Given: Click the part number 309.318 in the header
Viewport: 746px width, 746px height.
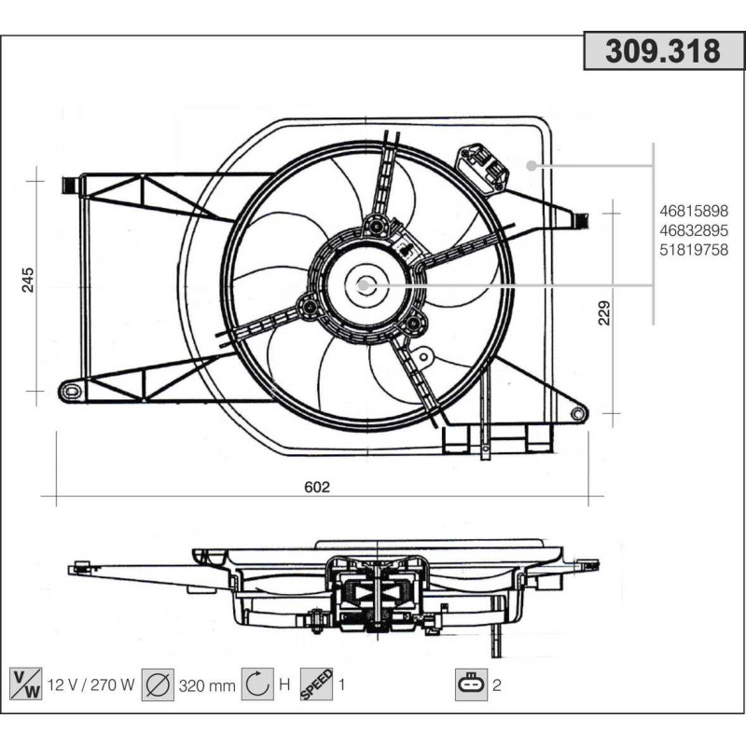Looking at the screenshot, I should (663, 51).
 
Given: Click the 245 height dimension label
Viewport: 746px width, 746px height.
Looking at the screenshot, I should (28, 281).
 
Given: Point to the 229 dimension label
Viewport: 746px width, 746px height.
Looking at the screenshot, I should (603, 313).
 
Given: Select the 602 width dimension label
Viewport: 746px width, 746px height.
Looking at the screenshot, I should (318, 486).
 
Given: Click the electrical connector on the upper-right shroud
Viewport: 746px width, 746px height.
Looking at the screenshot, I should (482, 167).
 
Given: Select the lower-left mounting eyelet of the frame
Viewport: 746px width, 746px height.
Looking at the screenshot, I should (70, 390).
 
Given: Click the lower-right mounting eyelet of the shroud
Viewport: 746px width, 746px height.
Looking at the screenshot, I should (577, 412).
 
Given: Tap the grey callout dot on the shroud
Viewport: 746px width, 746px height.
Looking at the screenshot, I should (532, 166).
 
